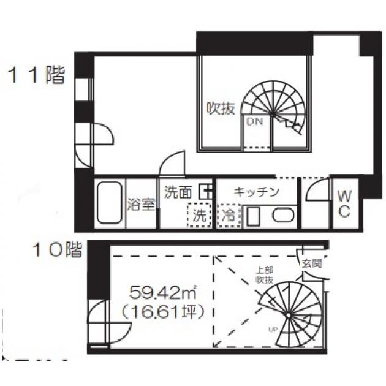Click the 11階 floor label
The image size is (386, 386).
click(x=37, y=75)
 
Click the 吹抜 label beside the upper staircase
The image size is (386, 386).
click(x=221, y=108)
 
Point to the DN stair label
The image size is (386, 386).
click(x=254, y=121)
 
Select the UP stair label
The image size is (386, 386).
click(x=273, y=330)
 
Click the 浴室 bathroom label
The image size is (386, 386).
click(x=141, y=204)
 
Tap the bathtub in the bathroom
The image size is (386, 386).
click(x=110, y=203)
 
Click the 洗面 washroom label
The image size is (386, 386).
click(x=178, y=192)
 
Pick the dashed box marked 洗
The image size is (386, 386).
click(x=199, y=214)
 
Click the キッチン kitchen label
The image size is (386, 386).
click(x=257, y=192)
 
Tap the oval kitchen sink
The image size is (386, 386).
click(x=283, y=216)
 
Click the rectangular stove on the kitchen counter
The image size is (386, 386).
click(x=253, y=217)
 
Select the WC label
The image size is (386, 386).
click(x=344, y=203)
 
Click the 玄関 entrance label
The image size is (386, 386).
click(x=312, y=263)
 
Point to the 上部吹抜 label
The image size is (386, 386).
click(x=265, y=275)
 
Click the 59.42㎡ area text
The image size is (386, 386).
click(x=162, y=293)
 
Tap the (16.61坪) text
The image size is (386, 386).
click(x=163, y=312)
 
